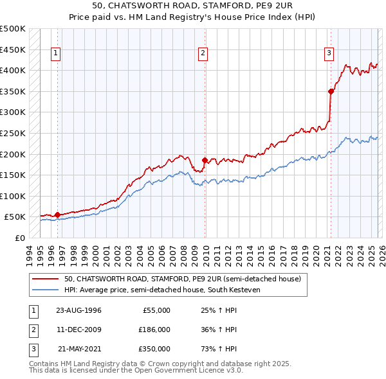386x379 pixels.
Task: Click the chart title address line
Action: (192, 6)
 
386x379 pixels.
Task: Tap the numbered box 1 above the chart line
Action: (56, 53)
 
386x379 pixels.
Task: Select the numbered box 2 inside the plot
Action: (203, 53)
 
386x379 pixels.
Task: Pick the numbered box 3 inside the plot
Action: (329, 53)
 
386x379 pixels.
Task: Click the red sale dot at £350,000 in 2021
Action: (331, 91)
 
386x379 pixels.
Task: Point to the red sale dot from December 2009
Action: (205, 160)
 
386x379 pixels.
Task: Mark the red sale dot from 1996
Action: (57, 215)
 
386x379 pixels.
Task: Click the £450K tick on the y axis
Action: (14, 49)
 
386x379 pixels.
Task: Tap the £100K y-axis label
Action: (14, 196)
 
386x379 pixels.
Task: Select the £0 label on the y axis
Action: (19, 238)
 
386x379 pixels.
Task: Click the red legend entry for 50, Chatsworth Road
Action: (183, 279)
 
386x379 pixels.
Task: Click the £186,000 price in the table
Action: (154, 330)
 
